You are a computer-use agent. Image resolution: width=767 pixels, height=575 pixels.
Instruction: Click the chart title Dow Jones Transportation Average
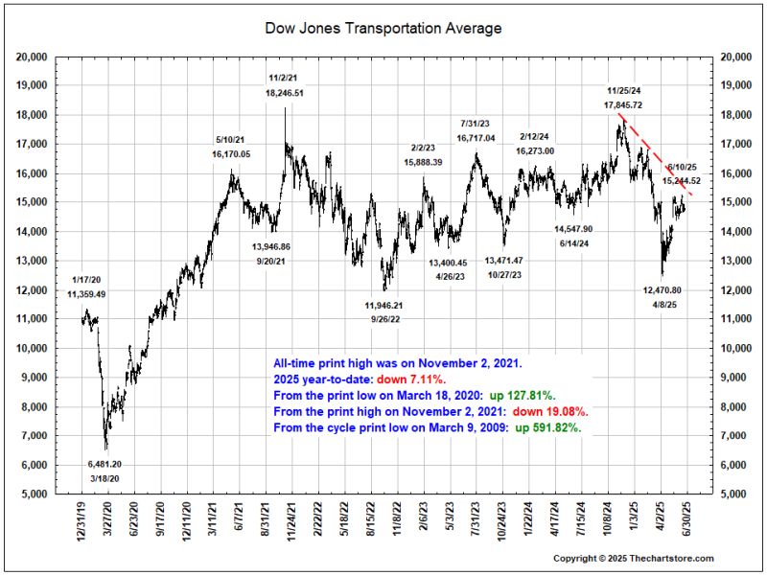click(383, 29)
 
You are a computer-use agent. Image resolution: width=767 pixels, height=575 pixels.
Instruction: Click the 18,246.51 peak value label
click(285, 93)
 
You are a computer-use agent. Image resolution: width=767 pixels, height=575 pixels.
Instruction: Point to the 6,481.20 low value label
click(105, 463)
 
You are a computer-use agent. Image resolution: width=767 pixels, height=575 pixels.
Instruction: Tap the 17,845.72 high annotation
click(623, 103)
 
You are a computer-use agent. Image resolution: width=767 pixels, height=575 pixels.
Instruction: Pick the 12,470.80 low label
click(662, 289)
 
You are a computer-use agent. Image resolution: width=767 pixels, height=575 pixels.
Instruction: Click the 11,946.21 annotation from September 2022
click(385, 306)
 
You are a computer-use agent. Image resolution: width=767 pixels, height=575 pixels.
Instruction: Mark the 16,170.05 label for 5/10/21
click(231, 153)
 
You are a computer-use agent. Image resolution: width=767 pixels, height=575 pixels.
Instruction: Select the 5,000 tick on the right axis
click(733, 494)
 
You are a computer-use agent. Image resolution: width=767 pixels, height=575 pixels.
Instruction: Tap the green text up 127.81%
click(531, 396)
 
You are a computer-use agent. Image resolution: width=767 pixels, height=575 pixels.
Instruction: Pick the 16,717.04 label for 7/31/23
click(476, 138)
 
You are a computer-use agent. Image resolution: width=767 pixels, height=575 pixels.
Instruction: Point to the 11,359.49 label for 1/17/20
click(86, 294)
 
